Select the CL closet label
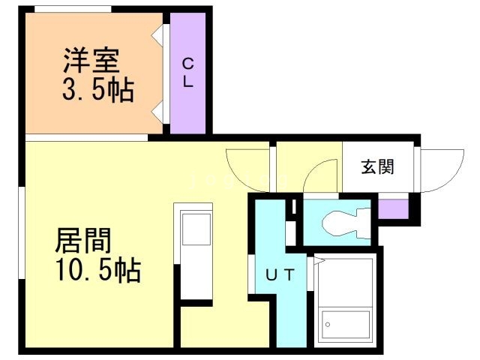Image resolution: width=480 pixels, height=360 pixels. (x=187, y=72)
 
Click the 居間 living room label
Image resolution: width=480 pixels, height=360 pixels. (x=82, y=241)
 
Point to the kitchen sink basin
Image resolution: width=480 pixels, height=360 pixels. (x=197, y=228)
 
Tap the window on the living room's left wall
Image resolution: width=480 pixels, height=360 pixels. (x=22, y=225)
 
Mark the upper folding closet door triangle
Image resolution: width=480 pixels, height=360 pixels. (x=159, y=34)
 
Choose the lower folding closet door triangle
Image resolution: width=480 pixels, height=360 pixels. (x=159, y=113)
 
